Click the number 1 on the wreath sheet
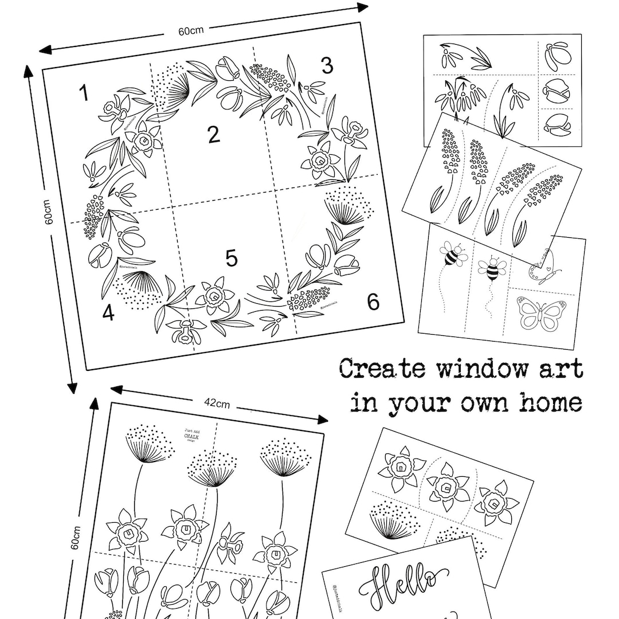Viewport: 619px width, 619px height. click(84, 93)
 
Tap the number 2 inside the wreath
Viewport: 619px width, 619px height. click(214, 135)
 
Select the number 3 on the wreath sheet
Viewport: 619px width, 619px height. click(327, 66)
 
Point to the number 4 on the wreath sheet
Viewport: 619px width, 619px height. click(108, 314)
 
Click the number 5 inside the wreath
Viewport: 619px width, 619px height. click(231, 258)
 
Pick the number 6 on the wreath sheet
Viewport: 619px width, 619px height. click(373, 301)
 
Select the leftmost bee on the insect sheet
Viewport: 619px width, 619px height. click(453, 256)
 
